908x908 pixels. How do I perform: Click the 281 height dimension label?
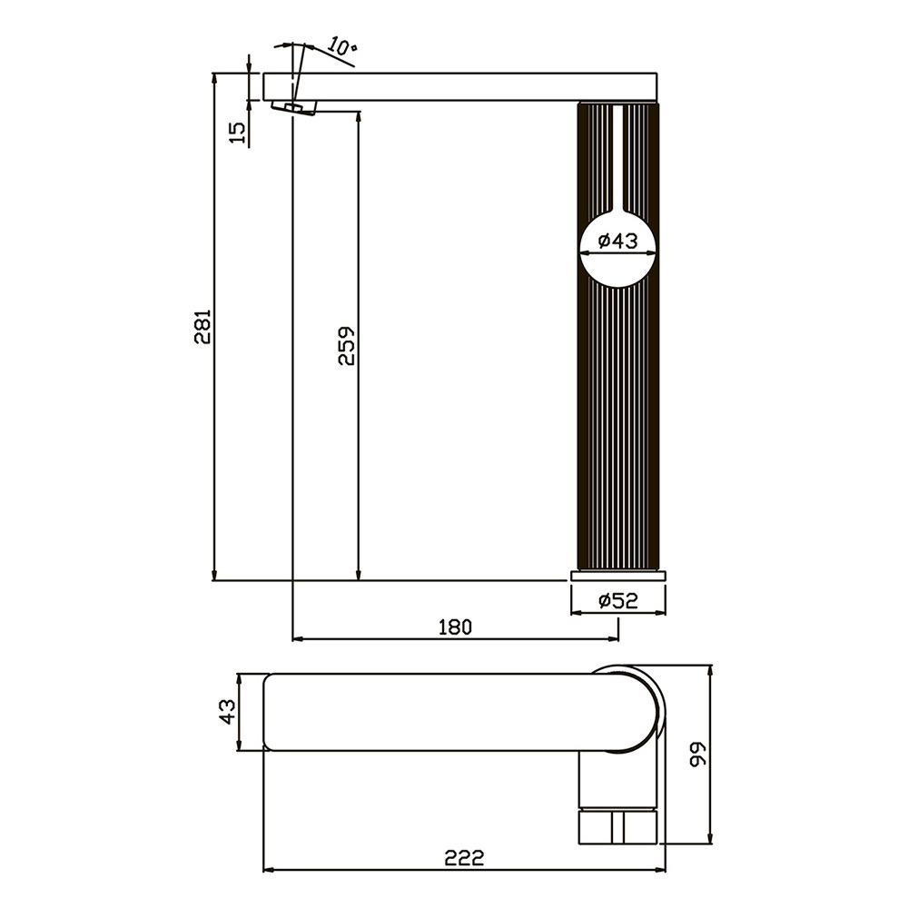[x=203, y=327]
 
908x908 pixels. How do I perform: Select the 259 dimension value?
[x=346, y=346]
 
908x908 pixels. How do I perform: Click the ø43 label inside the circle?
[x=617, y=240]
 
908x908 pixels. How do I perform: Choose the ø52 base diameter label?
[x=617, y=600]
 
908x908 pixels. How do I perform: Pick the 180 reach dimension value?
[x=455, y=627]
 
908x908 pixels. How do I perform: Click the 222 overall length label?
[x=464, y=857]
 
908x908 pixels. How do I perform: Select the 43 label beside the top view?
[x=228, y=712]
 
